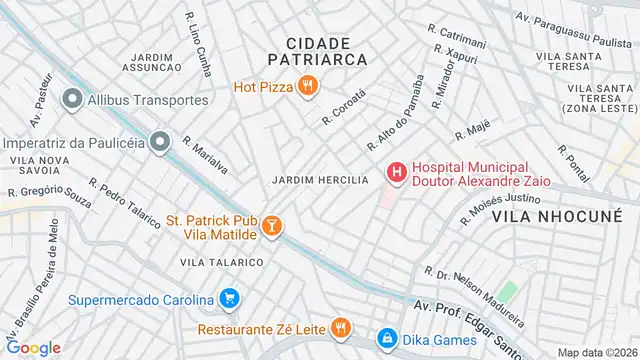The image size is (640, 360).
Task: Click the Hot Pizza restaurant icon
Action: coord(307,86)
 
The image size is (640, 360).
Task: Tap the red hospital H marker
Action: coord(397,173)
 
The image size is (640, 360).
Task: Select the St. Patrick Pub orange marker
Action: coord(272,229)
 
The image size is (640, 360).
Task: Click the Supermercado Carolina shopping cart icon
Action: coord(230,299)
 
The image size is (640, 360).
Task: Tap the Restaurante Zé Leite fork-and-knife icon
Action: coord(341,328)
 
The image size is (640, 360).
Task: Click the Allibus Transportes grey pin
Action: coord(72,99)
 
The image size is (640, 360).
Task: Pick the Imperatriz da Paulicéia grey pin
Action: coord(159,142)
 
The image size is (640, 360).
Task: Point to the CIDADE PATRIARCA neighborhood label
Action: coord(319,51)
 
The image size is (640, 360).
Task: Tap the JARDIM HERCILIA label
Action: coord(320,179)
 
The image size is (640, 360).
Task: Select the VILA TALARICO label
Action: coord(222,262)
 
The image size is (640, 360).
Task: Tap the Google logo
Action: coord(34,348)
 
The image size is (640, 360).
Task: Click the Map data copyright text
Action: coord(596,352)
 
